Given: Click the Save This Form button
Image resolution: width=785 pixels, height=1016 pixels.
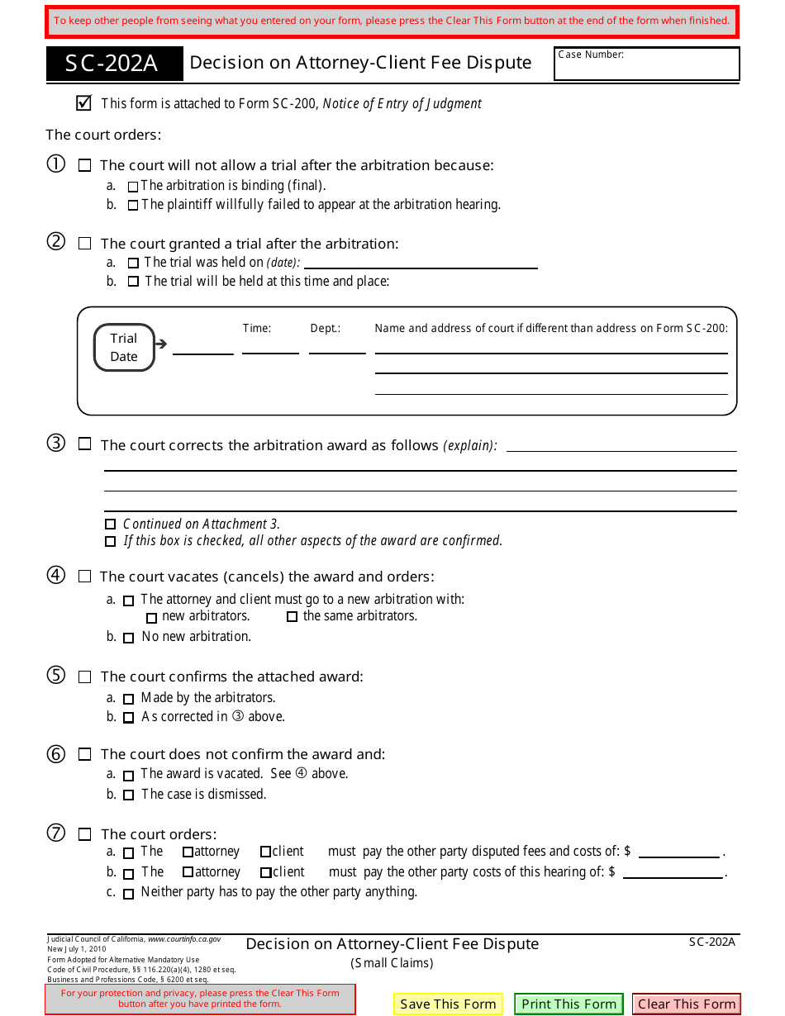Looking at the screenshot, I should click(448, 1004).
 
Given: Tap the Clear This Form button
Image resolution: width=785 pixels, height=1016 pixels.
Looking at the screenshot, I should click(686, 1004).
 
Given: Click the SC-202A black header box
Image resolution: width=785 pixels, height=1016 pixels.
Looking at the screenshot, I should click(114, 64).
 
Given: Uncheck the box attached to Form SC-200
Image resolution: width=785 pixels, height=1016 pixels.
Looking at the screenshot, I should click(83, 103).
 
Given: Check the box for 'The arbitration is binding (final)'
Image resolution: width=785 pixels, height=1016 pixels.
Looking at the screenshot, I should click(133, 187).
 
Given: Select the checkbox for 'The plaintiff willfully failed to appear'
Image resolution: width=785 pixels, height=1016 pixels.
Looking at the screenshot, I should click(133, 205).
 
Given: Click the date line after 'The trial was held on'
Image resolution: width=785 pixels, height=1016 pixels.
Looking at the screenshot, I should click(421, 263).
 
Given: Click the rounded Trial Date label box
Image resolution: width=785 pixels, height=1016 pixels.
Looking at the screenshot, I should click(124, 347).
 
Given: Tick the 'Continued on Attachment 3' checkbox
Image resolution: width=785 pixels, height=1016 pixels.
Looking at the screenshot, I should click(111, 525).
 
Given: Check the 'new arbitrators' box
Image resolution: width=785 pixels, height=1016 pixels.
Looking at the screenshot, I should click(151, 617).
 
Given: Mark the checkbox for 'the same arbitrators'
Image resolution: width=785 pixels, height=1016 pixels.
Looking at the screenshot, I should click(292, 617).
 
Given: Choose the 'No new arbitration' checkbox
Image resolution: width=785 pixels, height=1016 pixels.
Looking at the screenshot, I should click(128, 638).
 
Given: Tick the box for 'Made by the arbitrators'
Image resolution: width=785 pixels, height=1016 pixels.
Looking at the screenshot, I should click(128, 699).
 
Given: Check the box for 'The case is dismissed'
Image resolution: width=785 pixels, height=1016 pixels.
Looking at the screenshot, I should click(128, 795).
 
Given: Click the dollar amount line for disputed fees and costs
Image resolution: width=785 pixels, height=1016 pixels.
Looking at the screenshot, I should click(678, 853).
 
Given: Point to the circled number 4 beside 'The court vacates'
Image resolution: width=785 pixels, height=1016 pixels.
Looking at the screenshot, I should click(56, 576).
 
